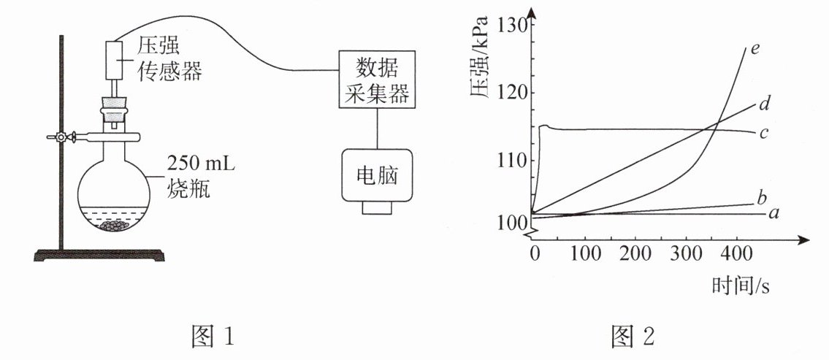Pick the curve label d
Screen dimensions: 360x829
click(x=764, y=104)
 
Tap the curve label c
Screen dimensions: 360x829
click(x=763, y=134)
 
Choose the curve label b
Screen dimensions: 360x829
click(x=761, y=197)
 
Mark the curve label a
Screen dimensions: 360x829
click(x=773, y=214)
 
